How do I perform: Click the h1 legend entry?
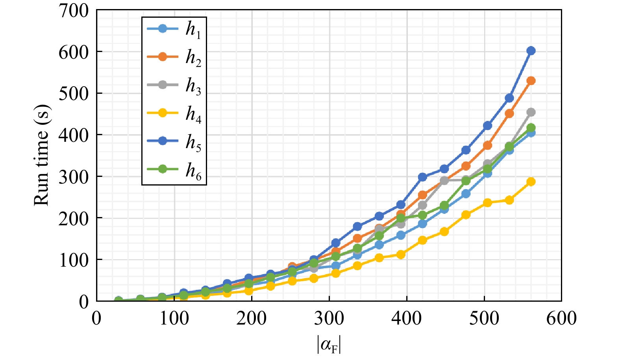pyautogui.click(x=174, y=29)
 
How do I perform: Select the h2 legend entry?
pyautogui.click(x=174, y=58)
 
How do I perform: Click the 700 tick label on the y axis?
pyautogui.click(x=74, y=11)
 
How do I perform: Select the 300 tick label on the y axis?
pyautogui.click(x=74, y=176)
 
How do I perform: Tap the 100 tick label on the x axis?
pyautogui.click(x=174, y=318)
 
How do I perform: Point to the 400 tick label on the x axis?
pyautogui.click(x=407, y=318)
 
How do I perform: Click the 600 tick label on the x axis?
pyautogui.click(x=561, y=318)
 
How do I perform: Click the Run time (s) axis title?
pyautogui.click(x=42, y=155)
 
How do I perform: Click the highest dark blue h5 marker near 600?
pyautogui.click(x=531, y=50)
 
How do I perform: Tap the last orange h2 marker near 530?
pyautogui.click(x=531, y=81)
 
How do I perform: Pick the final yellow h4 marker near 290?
pyautogui.click(x=531, y=182)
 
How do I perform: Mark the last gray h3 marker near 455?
pyautogui.click(x=531, y=112)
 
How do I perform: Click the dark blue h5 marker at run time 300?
pyautogui.click(x=422, y=177)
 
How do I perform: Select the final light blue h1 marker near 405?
pyautogui.click(x=531, y=133)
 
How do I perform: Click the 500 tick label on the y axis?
pyautogui.click(x=74, y=93)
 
